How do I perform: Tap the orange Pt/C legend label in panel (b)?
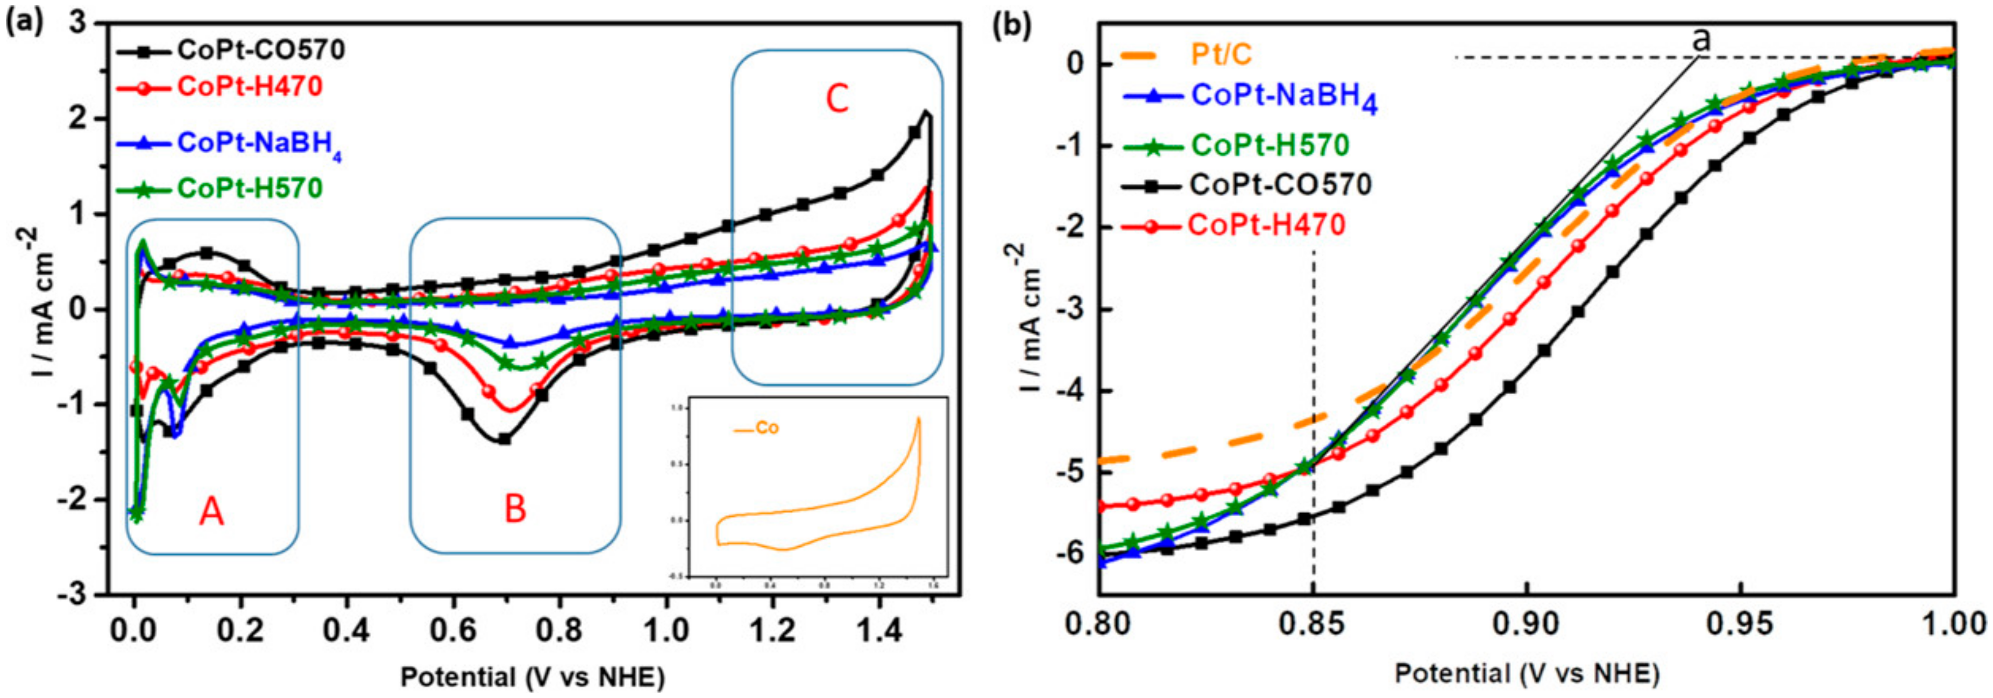click(x=1222, y=55)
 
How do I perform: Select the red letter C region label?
click(x=837, y=99)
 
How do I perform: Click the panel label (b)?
click(x=1013, y=25)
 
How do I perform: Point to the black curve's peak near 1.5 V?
click(x=925, y=112)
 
